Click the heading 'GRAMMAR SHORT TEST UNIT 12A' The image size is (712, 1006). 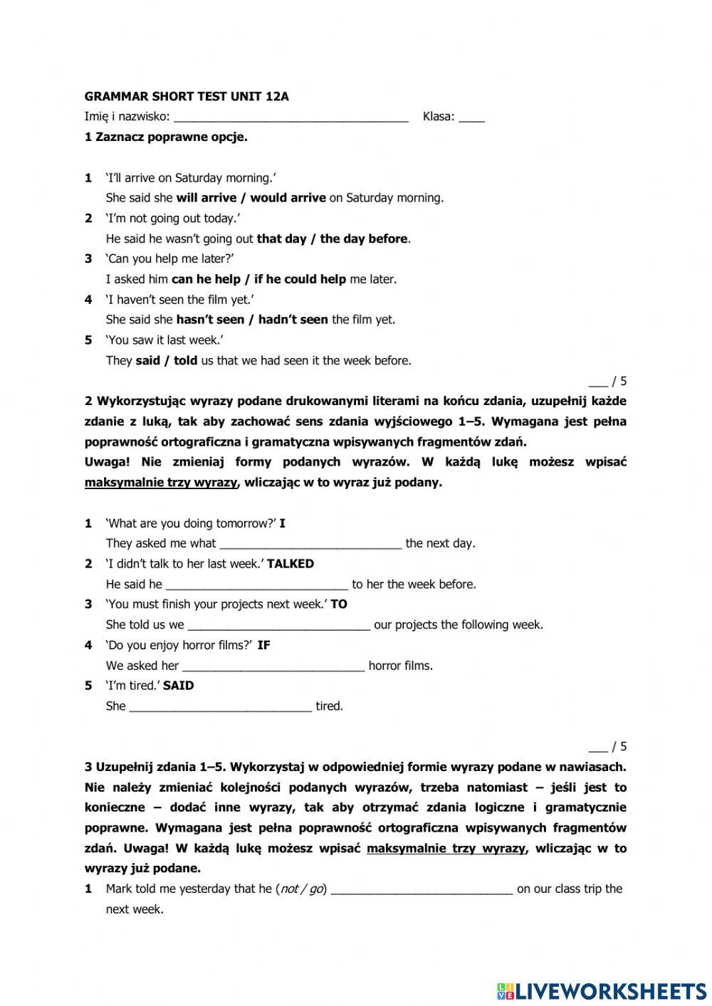187,97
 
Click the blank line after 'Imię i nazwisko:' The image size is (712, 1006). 290,117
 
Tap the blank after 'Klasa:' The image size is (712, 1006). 471,117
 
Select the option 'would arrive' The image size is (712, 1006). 288,198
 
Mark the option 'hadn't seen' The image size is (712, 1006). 293,320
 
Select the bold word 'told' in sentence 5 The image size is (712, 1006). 185,360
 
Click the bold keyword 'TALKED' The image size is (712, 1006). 290,563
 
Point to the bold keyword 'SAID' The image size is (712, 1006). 178,686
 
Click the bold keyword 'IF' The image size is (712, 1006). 263,645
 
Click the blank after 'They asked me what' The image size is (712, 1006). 310,544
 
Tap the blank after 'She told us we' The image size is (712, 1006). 278,625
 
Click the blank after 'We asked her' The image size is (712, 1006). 273,666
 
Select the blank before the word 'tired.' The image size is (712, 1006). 221,707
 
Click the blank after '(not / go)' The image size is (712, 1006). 422,889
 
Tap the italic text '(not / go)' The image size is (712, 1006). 301,889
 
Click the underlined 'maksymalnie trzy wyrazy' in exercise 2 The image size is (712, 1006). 161,483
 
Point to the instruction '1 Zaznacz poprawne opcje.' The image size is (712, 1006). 166,137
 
